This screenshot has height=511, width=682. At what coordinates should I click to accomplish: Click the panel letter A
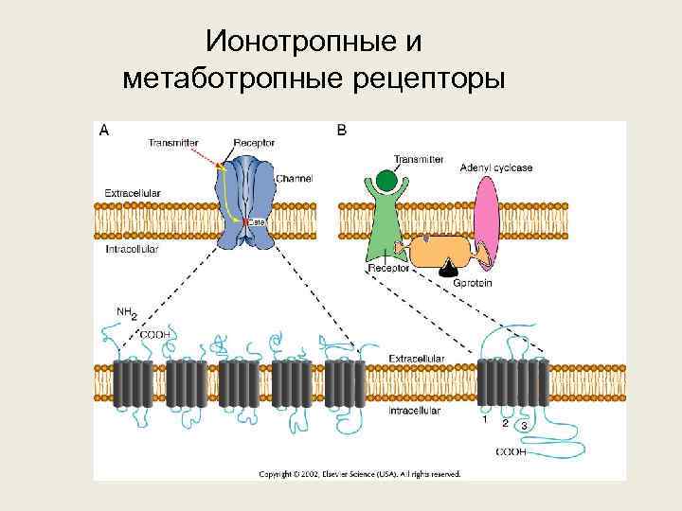(x=102, y=132)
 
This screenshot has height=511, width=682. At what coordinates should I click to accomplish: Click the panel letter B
(x=341, y=132)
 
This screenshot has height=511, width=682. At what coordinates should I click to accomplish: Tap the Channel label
(x=294, y=178)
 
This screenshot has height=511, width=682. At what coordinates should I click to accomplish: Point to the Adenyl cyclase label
(x=496, y=167)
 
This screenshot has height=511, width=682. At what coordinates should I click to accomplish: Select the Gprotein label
(x=473, y=282)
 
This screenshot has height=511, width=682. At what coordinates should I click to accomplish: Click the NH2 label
(x=126, y=311)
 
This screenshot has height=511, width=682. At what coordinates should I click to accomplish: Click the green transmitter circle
(x=386, y=181)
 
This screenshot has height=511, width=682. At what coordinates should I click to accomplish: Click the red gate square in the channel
(x=244, y=222)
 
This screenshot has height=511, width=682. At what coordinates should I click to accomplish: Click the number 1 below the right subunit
(x=485, y=420)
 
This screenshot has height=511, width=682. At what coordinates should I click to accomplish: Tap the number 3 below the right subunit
(x=524, y=426)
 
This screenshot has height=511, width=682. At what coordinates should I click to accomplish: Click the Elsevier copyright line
(x=360, y=472)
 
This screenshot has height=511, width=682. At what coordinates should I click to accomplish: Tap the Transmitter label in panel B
(x=419, y=159)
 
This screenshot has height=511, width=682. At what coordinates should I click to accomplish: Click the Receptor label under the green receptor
(x=388, y=268)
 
